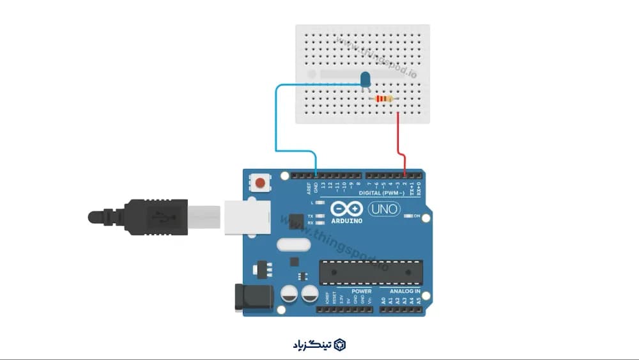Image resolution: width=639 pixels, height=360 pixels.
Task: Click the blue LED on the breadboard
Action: pos(366,79)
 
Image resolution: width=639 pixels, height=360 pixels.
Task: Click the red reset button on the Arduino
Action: pos(259,184)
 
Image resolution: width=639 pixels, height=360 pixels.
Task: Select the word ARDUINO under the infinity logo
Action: pos(347,221)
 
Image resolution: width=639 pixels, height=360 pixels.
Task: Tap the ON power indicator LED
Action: pos(409,216)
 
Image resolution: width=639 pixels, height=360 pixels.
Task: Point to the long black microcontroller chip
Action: pos(371,272)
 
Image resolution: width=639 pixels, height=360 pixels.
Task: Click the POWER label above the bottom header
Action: pos(361,292)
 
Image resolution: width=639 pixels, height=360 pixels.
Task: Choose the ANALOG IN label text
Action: pos(405,292)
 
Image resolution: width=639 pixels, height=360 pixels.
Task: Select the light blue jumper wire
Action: pos(277,121)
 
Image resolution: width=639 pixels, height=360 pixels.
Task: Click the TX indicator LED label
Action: pos(310,216)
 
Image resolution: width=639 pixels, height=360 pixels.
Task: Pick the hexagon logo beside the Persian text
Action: pos(340,345)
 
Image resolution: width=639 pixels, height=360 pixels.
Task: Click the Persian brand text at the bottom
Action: pos(309,345)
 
